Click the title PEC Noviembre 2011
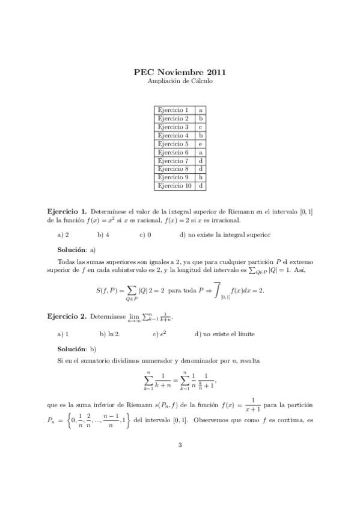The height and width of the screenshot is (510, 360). coord(180,73)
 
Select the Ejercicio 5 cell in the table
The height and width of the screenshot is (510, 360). coord(173,144)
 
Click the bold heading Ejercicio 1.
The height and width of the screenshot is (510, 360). coord(67,212)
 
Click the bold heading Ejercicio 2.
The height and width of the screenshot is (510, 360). coord(67,316)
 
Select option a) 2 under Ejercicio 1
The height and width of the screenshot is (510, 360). coord(63,235)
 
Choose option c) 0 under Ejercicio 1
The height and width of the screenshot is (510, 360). coord(145,235)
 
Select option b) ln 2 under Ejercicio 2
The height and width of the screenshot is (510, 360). coord(110,333)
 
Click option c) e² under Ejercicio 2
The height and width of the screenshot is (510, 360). coord(159,333)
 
